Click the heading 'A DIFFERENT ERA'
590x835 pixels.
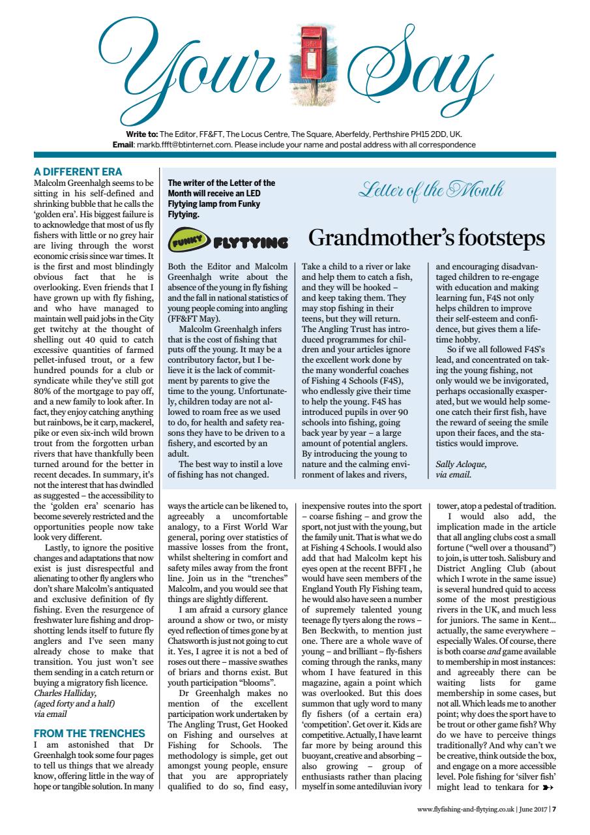tap(78, 172)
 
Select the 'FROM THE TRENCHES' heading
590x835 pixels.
tap(89, 733)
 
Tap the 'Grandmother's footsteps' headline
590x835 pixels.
tap(426, 237)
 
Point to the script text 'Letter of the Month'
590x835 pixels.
tap(430, 190)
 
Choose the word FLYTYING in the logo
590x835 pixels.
tap(250, 244)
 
